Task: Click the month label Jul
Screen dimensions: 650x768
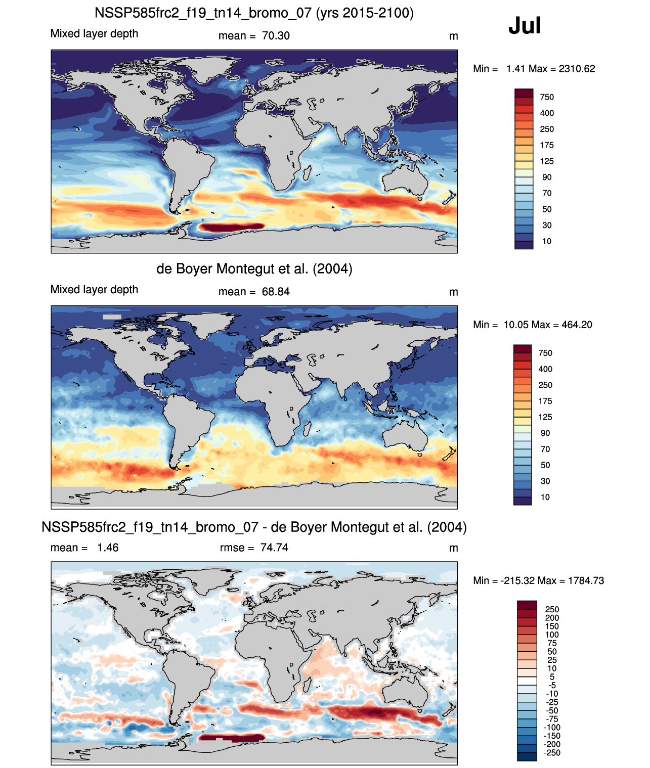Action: (524, 26)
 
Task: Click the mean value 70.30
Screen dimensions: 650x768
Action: (275, 36)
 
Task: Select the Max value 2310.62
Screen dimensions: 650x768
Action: (577, 69)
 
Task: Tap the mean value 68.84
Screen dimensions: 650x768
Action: (275, 292)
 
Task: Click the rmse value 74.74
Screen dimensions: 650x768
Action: (274, 548)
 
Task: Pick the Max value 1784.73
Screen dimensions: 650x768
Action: (586, 581)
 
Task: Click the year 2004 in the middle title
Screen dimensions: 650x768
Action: (332, 269)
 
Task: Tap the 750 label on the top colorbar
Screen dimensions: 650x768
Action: (547, 98)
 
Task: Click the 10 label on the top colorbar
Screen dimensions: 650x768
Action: (547, 242)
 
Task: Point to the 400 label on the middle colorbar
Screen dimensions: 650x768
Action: (545, 369)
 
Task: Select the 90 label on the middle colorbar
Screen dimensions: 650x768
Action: (545, 433)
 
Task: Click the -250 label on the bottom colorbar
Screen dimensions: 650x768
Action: (552, 753)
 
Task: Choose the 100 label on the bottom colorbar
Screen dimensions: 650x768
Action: (552, 635)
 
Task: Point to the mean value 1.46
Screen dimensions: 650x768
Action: (108, 548)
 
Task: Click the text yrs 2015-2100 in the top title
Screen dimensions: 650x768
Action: (365, 13)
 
